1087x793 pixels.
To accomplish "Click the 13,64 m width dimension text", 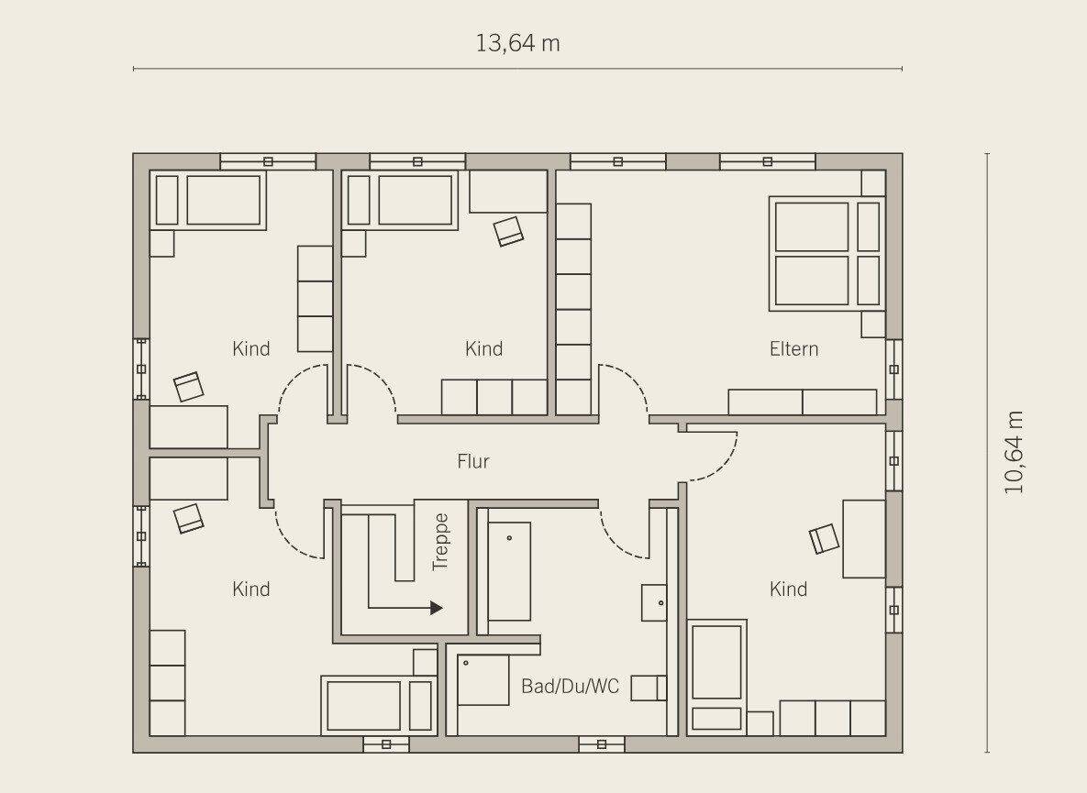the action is [x=518, y=44].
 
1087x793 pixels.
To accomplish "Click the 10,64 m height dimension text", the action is [x=1014, y=452].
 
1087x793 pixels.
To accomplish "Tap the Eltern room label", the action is [x=793, y=348].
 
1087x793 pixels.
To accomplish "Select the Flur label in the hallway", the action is [x=472, y=461].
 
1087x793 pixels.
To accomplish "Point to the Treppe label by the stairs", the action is [x=440, y=543].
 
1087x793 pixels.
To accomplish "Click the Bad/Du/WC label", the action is [x=570, y=687].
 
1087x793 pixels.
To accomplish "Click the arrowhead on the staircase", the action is [x=437, y=608].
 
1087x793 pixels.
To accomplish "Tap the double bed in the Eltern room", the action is [x=826, y=253].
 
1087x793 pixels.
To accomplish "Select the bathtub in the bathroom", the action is [x=509, y=571].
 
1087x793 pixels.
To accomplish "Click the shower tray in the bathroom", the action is [x=483, y=680].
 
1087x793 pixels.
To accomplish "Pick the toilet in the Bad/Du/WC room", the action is [x=649, y=688].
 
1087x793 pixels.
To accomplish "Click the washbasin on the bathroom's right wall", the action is [x=654, y=602].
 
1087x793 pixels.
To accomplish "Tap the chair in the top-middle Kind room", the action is [x=509, y=231].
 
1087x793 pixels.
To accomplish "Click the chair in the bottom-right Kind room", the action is [x=824, y=538].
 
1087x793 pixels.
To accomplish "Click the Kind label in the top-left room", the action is [x=251, y=348].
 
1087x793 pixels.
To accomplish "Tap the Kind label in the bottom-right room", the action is [x=788, y=589].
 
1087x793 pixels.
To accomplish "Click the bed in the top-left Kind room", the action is [x=208, y=201].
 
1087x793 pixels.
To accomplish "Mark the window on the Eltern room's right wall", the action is [x=894, y=369].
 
